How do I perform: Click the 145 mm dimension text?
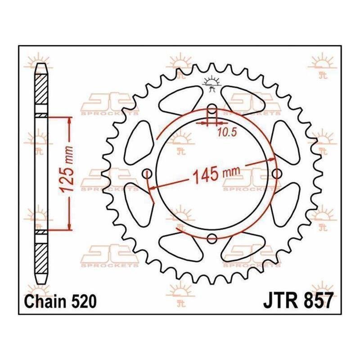216,174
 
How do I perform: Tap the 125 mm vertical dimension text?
67,169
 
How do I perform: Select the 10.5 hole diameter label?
227,132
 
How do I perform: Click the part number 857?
318,301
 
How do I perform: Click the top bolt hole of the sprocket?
212,109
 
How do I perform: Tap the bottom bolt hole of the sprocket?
212,238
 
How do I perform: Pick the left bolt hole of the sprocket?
147,174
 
